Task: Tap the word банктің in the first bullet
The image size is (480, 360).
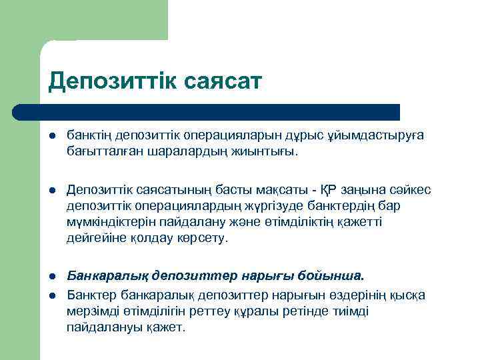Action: click(x=87, y=135)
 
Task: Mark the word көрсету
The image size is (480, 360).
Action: click(x=207, y=237)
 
